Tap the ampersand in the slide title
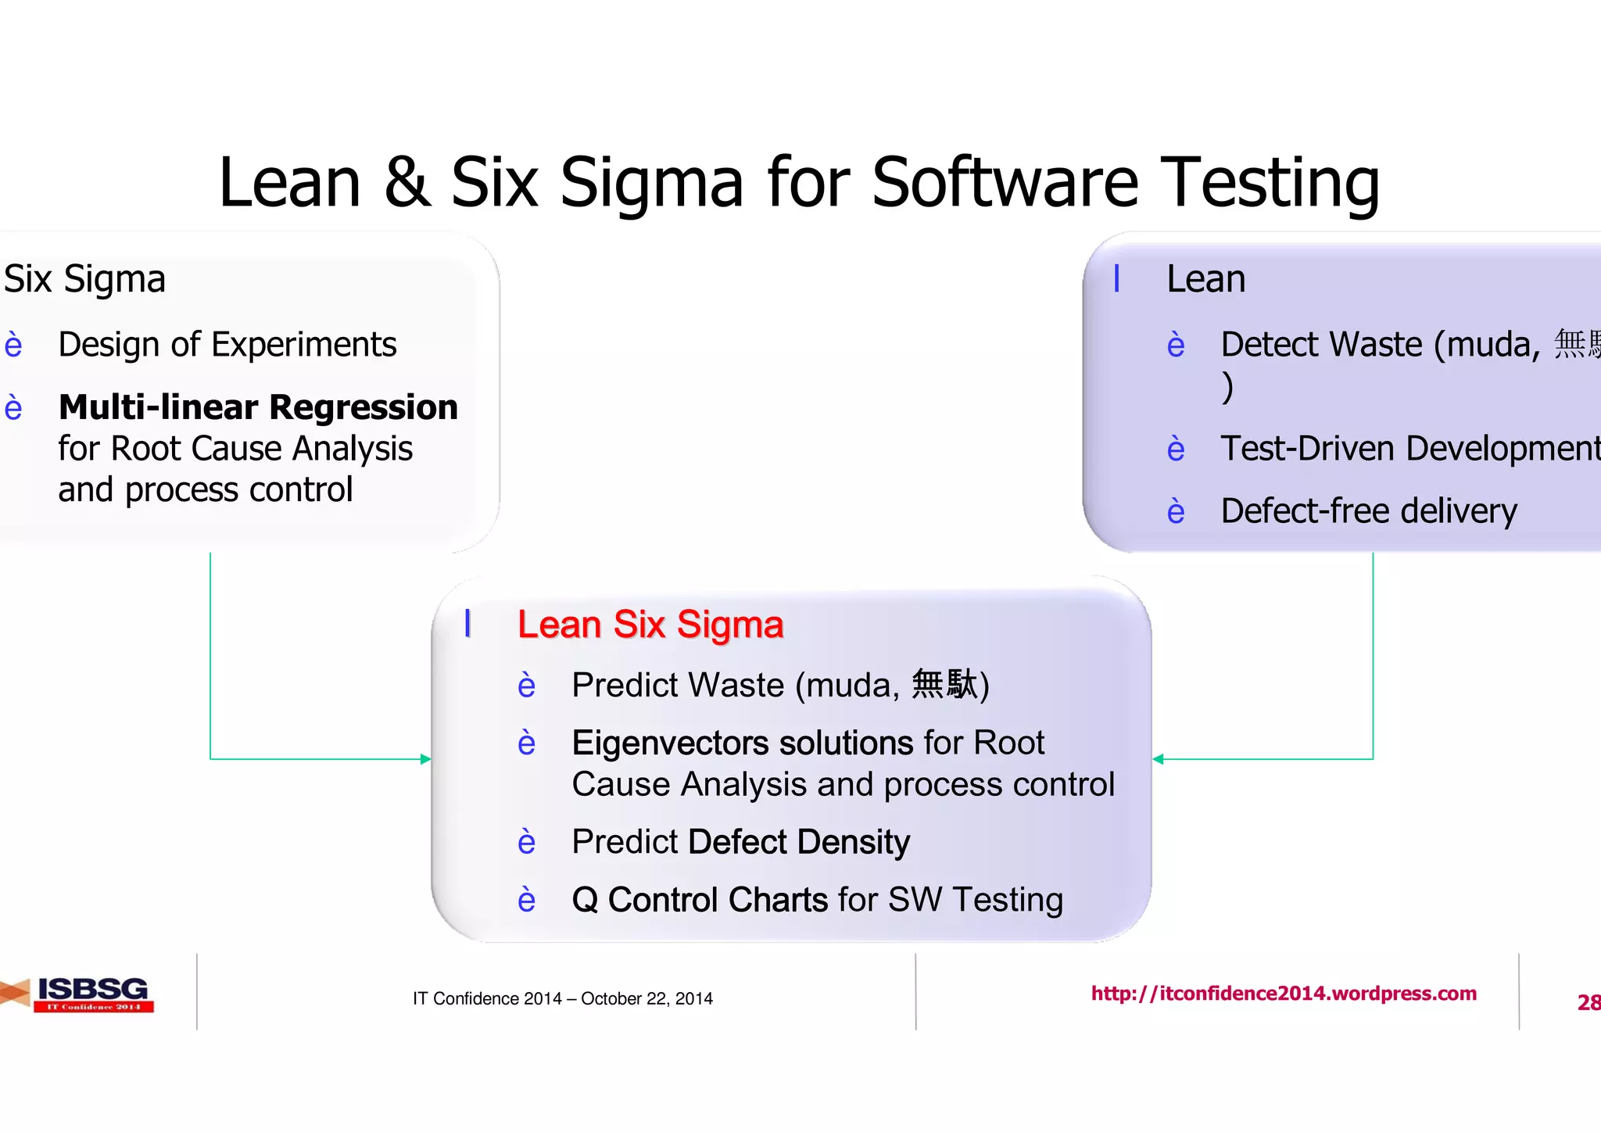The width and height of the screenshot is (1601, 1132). coord(407,184)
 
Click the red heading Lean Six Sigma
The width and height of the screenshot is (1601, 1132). coord(650,625)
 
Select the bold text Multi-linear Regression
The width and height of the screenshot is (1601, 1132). coord(258,407)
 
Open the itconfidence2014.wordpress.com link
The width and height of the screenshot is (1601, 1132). coord(1284,994)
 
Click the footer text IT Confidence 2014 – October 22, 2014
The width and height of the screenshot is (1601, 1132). coord(562,998)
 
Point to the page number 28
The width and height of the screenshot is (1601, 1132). coord(1588,1002)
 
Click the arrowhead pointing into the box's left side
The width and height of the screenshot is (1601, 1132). coord(425,759)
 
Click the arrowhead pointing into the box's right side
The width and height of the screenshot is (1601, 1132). coord(1159,759)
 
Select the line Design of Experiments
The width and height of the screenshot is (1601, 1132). coord(227,345)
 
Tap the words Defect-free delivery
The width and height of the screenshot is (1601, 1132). coord(1369,511)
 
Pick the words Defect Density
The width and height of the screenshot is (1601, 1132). coord(799,842)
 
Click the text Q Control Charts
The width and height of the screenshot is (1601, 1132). coord(700,900)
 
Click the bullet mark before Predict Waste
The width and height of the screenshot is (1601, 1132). coord(527,686)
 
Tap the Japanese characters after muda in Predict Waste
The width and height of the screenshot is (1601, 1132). coord(944,684)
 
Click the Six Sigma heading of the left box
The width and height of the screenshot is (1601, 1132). coord(84,279)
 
